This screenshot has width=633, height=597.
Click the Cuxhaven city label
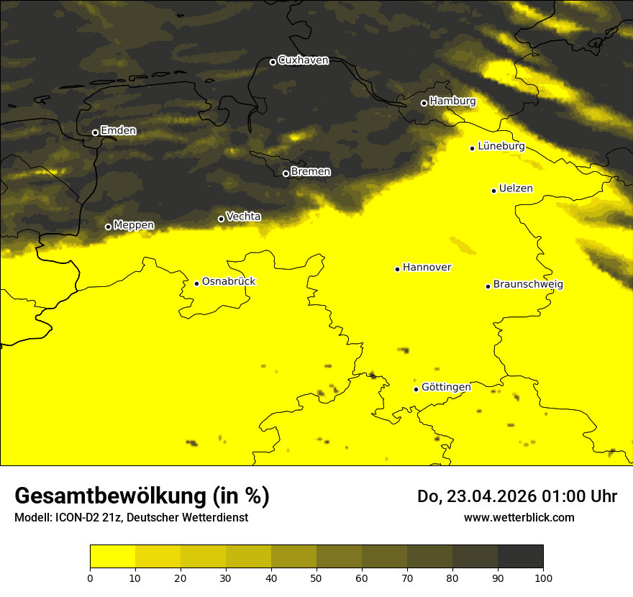[x=303, y=60]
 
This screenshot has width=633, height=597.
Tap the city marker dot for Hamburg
[x=424, y=103]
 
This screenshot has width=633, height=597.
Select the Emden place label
[x=118, y=131]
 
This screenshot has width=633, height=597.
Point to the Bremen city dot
[x=286, y=173]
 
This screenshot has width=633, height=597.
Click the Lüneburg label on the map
[x=501, y=147]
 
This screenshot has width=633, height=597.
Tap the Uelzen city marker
[x=493, y=191]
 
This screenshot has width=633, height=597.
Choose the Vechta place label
[x=243, y=217]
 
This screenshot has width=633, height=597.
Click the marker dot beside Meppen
[x=108, y=227]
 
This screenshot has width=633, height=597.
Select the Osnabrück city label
[x=229, y=282]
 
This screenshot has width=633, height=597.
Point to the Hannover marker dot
[x=397, y=269]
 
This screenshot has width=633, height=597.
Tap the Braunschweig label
[x=528, y=285]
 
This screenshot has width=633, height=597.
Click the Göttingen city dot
[x=416, y=389]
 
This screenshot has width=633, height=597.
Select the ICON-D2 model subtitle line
[x=131, y=518]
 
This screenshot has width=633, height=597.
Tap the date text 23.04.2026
[x=490, y=496]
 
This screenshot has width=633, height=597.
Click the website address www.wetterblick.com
[x=519, y=518]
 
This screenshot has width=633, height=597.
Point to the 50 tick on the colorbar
[x=316, y=577]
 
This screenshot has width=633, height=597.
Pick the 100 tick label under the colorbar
[x=543, y=577]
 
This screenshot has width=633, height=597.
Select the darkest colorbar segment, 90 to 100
[x=520, y=557]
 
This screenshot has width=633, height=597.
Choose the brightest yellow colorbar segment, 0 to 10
[x=112, y=557]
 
